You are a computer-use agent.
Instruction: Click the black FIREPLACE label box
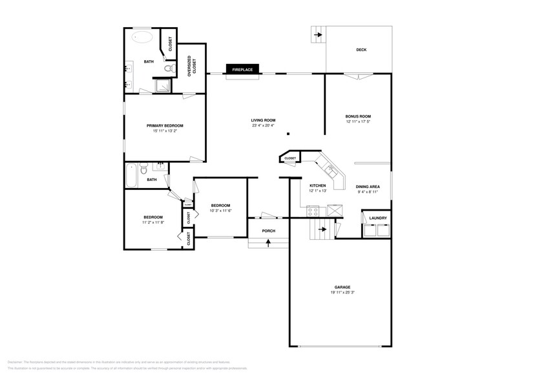coord(243,69)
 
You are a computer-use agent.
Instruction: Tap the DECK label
coord(361,50)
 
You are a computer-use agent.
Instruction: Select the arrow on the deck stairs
coord(317,35)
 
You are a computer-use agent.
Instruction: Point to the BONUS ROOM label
coord(357,116)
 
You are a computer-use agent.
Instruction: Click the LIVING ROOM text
coord(263,120)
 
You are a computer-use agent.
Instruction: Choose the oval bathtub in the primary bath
coord(143,37)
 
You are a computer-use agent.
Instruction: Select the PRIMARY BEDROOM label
coord(165,125)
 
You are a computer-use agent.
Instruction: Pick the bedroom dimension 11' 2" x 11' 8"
coord(153,222)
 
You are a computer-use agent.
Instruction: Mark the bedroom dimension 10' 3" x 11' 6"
coord(221,211)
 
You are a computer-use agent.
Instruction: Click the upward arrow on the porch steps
coord(268,242)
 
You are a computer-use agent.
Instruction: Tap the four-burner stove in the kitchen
coord(313,211)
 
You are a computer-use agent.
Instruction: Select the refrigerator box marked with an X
coord(335,211)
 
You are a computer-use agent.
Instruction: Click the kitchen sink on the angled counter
coord(331,171)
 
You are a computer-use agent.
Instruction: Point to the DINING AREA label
coord(368,186)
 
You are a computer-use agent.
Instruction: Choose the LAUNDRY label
coord(377,218)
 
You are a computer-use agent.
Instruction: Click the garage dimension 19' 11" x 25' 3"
coord(342,292)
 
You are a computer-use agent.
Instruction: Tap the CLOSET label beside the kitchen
coord(290,158)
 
